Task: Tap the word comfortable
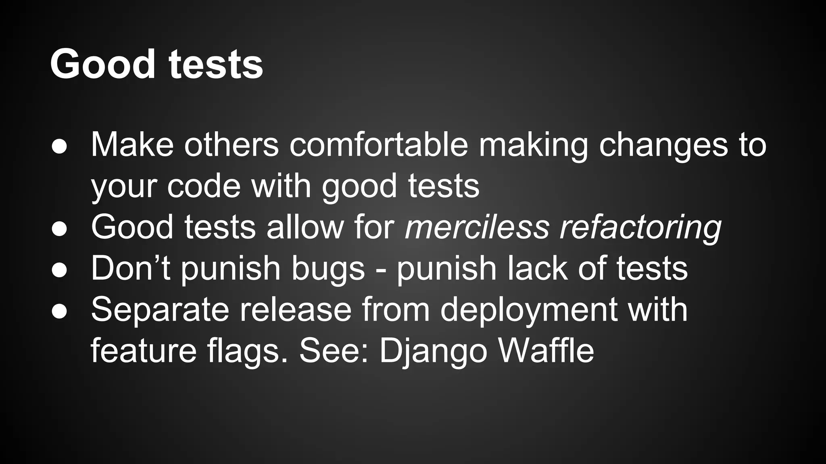coord(379,145)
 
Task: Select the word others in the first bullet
coord(231,145)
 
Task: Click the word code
coord(204,186)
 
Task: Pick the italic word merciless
coord(477,227)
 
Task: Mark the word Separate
coord(160,311)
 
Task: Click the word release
coord(296,310)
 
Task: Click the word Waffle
coord(546,351)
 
